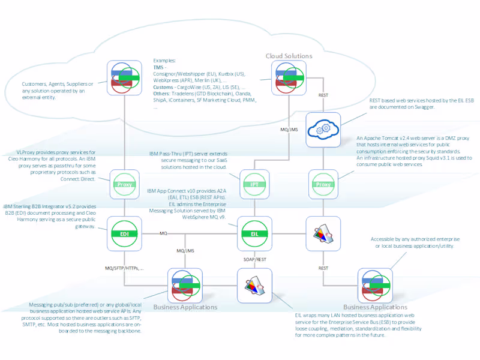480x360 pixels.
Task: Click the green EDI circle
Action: pos(124,233)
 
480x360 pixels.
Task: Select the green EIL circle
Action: pos(254,233)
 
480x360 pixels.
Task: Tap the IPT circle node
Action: pos(254,184)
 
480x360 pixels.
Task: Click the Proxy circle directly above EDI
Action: pos(124,184)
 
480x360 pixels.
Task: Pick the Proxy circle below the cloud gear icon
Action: pos(323,184)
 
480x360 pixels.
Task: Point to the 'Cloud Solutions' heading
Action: pos(289,56)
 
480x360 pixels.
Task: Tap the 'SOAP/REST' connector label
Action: pos(254,259)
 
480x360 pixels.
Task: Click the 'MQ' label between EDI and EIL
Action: pos(163,232)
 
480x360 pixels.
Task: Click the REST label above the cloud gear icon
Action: pos(323,94)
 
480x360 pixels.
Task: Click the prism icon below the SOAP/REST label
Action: pos(254,286)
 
